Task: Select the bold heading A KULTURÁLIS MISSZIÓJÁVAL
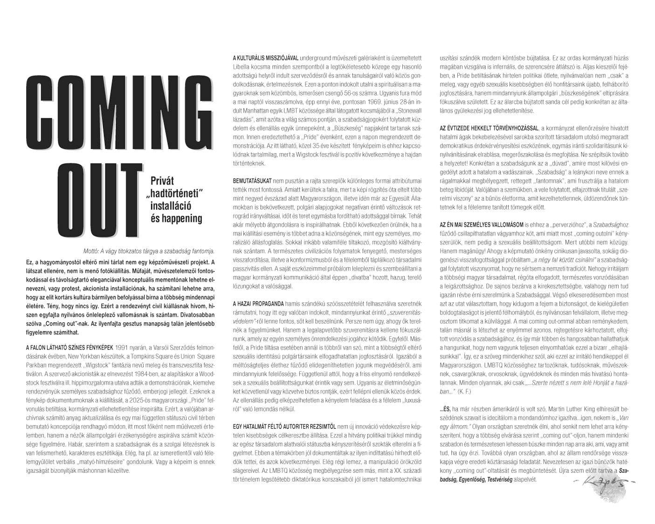tap(265, 58)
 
